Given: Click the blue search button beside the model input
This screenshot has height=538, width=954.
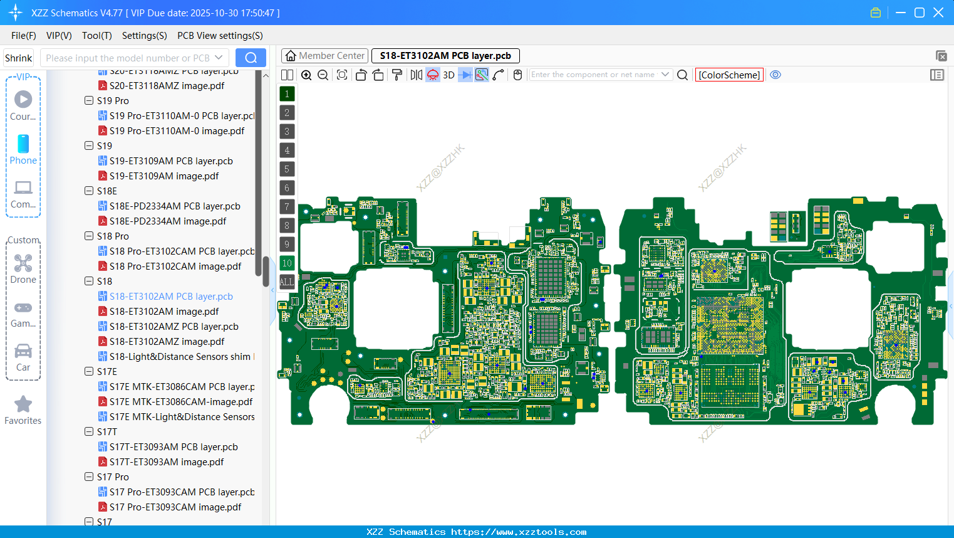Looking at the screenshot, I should pyautogui.click(x=251, y=58).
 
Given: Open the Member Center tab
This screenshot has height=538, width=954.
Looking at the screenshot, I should pyautogui.click(x=325, y=56).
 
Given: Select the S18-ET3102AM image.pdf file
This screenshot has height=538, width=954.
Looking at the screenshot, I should pyautogui.click(x=163, y=312).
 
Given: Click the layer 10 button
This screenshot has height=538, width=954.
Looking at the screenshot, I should pyautogui.click(x=287, y=263).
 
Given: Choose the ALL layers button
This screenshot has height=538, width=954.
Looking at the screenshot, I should pyautogui.click(x=287, y=282).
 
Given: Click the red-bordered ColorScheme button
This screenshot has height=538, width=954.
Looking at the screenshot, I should pyautogui.click(x=729, y=75).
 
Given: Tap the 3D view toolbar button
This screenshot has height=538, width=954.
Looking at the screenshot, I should pyautogui.click(x=448, y=75).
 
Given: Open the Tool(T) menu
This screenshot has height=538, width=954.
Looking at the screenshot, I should pyautogui.click(x=96, y=36).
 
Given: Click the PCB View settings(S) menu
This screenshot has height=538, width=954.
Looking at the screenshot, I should pyautogui.click(x=220, y=36).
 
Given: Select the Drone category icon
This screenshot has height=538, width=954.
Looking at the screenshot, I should pyautogui.click(x=23, y=263).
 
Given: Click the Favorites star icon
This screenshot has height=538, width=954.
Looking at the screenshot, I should pyautogui.click(x=23, y=404).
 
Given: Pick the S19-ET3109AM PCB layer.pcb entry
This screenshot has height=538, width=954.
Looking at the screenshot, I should pyautogui.click(x=170, y=161).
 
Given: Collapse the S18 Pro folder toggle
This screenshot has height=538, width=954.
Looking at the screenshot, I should pyautogui.click(x=89, y=236).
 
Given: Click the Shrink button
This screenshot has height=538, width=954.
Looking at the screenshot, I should pyautogui.click(x=19, y=58).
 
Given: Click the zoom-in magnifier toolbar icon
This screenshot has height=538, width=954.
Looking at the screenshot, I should pyautogui.click(x=306, y=75).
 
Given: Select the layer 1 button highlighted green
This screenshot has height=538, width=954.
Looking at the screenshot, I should pyautogui.click(x=287, y=94).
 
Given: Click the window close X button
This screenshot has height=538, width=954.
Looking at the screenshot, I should pyautogui.click(x=938, y=13).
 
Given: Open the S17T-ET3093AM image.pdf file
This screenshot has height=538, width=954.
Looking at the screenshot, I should pyautogui.click(x=166, y=462).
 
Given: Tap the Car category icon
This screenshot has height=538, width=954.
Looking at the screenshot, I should pyautogui.click(x=23, y=351).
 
